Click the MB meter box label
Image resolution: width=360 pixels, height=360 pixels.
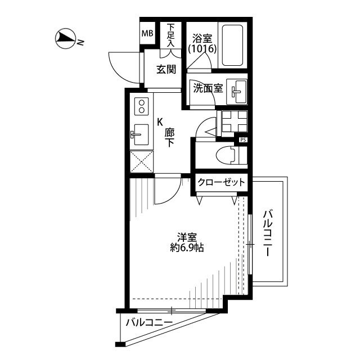(147, 34)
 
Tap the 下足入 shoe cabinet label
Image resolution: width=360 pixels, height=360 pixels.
(170, 35)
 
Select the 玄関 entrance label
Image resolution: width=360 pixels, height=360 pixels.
(166, 69)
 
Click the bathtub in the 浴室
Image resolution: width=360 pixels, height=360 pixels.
(232, 45)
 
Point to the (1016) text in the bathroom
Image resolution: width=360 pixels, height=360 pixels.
(202, 49)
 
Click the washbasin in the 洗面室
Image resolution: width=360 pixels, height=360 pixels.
(236, 92)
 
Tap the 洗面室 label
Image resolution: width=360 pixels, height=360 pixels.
(208, 88)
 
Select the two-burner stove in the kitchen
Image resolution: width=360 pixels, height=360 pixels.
(141, 106)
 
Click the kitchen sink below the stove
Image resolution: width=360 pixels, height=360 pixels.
(141, 134)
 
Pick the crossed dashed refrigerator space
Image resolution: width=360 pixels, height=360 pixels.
(142, 161)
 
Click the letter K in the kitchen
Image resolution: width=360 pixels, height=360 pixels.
(160, 122)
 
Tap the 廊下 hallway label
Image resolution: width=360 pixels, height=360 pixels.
(169, 137)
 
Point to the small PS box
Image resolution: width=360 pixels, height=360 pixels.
(243, 139)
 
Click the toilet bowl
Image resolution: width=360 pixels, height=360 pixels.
(226, 156)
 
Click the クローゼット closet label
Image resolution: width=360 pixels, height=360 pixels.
(221, 182)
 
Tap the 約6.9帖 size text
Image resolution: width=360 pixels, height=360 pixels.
(187, 247)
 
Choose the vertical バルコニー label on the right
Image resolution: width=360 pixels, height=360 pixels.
(268, 232)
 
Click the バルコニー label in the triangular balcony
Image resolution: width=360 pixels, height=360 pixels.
(149, 322)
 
